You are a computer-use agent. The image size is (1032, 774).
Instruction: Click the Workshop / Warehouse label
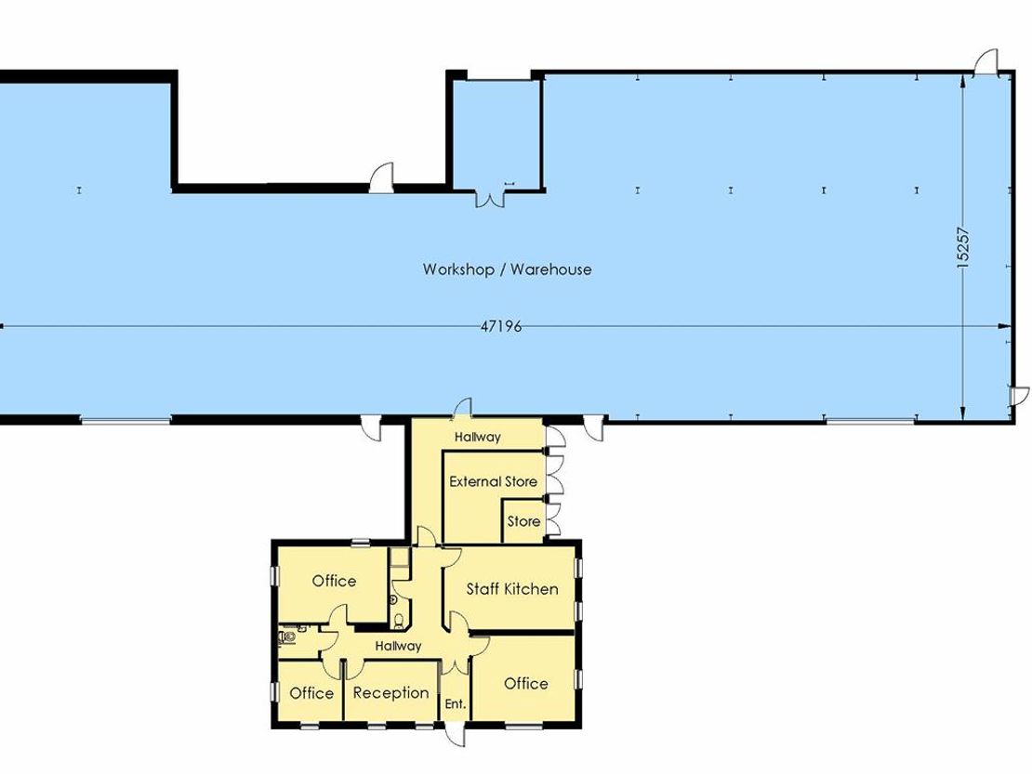(x=507, y=269)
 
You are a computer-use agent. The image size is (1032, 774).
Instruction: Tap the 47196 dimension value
(x=501, y=326)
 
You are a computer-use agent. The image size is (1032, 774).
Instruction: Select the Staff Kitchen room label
(x=512, y=588)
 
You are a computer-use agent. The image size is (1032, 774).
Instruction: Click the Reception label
(x=390, y=692)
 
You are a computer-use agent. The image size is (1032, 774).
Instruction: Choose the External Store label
(x=493, y=481)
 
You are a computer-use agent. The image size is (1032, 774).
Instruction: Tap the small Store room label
(x=523, y=521)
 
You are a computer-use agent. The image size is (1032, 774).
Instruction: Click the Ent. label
(x=456, y=703)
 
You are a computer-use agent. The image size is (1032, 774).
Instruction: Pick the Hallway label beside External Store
(x=477, y=437)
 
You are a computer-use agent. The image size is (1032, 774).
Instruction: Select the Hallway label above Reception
(x=398, y=646)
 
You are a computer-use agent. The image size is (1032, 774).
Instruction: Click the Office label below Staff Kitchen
(x=526, y=683)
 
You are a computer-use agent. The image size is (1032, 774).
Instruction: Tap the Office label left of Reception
(x=311, y=693)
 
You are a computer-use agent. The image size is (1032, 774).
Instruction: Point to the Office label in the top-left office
(x=334, y=581)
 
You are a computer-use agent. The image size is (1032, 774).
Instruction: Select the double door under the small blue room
(x=489, y=198)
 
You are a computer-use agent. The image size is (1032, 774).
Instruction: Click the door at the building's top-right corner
(x=986, y=61)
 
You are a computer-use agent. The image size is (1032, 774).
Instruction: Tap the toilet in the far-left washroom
(x=287, y=636)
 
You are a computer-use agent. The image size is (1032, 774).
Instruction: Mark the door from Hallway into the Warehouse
(x=463, y=409)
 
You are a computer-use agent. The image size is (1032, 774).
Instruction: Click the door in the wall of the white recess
(x=382, y=177)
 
